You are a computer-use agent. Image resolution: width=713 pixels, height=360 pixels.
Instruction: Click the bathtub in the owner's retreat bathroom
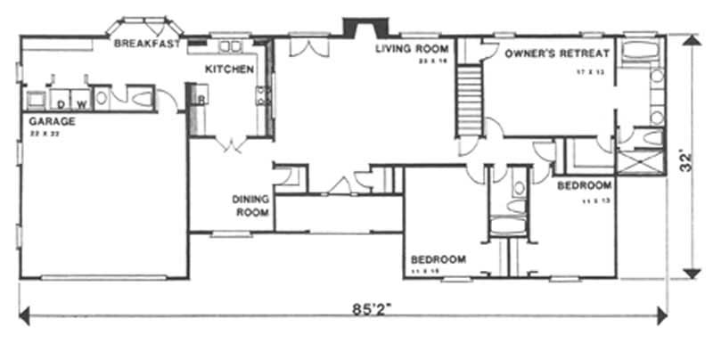pos(638,51)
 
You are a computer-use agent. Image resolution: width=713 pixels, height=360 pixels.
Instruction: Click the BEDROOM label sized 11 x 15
pos(438,259)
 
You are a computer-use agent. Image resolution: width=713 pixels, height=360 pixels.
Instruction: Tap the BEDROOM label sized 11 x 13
pos(585,185)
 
